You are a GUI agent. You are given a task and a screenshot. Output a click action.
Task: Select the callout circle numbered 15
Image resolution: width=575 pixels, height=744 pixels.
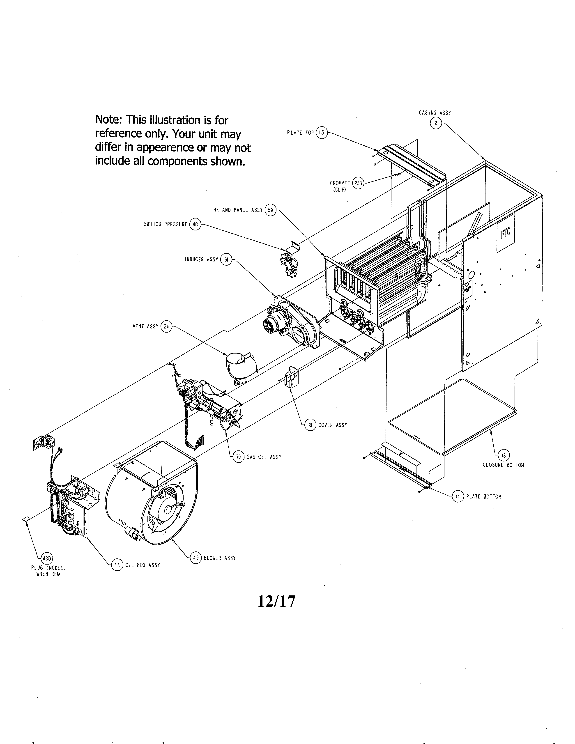(x=322, y=133)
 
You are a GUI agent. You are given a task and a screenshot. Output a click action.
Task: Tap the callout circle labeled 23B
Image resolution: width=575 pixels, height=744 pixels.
(x=358, y=183)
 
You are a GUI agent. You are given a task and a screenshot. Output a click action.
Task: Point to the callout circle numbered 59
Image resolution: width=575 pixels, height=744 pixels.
(x=270, y=210)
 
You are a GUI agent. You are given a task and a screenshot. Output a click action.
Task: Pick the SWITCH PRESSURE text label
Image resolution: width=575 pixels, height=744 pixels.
(x=166, y=225)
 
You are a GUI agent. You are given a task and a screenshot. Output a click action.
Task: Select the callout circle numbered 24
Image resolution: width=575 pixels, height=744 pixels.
(x=166, y=326)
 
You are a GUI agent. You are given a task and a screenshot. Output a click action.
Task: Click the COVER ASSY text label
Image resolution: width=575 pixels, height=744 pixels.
(x=332, y=425)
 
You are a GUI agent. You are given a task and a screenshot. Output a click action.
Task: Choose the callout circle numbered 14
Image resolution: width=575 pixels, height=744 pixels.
(x=458, y=497)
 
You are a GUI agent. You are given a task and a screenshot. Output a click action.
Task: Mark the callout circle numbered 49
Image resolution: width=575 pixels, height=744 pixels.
(x=195, y=558)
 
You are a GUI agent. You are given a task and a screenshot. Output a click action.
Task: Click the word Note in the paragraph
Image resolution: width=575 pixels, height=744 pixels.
(x=108, y=120)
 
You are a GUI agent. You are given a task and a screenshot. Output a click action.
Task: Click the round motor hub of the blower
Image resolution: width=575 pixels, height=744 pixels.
(x=168, y=510)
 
